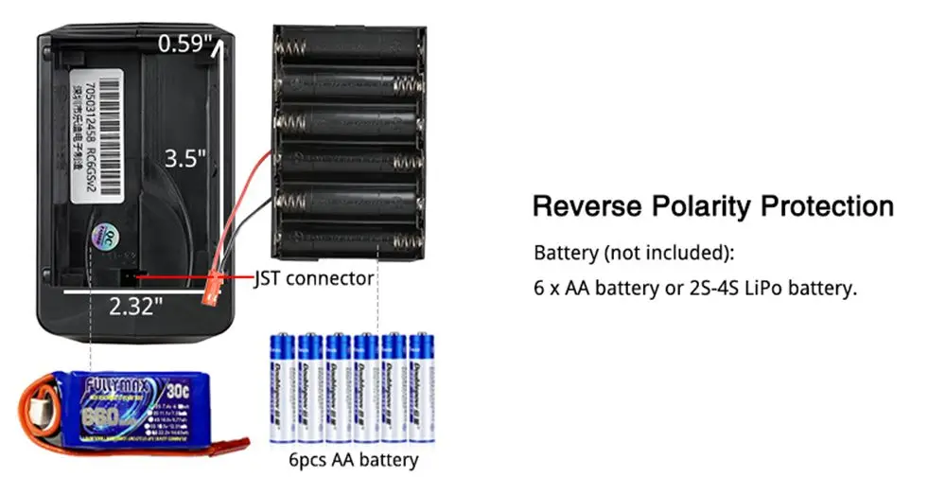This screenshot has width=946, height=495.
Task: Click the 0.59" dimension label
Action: click(x=185, y=44)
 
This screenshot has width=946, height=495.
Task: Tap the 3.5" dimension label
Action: click(x=185, y=158)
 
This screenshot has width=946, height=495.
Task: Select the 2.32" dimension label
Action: click(x=135, y=305)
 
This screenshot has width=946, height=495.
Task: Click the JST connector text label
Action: click(x=315, y=278)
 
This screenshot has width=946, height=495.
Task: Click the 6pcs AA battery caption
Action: click(x=353, y=461)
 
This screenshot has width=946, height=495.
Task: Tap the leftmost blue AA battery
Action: click(x=281, y=388)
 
